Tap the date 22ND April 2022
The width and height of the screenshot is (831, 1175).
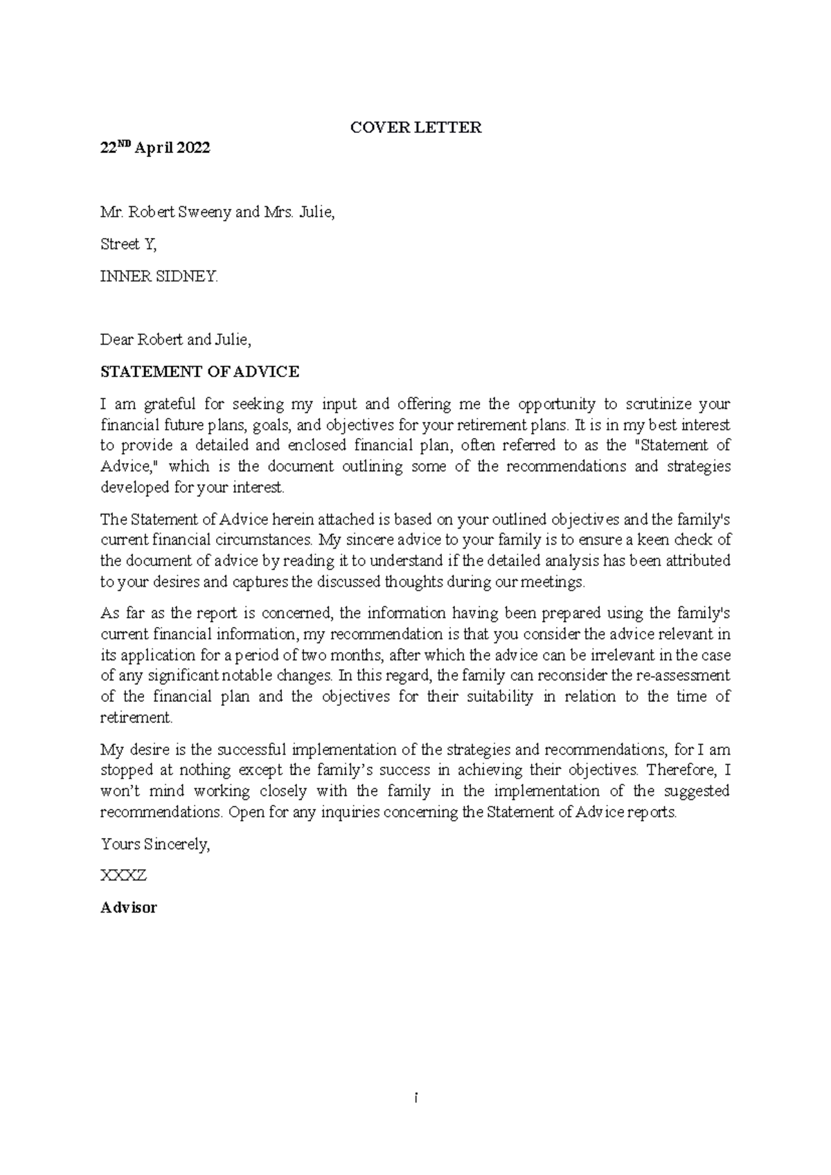155,148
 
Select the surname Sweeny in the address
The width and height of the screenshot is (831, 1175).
205,212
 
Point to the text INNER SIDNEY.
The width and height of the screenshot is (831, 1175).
159,277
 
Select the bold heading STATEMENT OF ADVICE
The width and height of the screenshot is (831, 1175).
199,372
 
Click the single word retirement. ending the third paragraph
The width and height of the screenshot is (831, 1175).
136,718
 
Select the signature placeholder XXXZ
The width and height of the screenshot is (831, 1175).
123,875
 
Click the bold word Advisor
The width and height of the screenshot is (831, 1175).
129,907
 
